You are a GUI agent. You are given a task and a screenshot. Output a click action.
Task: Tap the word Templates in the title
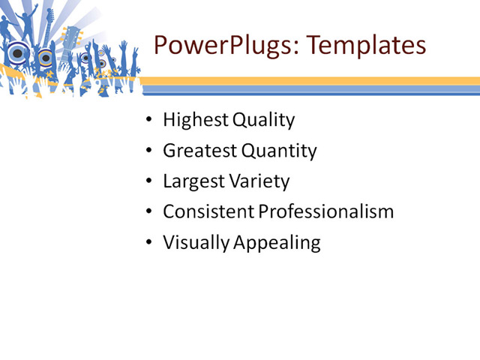tap(365, 45)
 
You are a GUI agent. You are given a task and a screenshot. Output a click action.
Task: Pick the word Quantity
tap(279, 151)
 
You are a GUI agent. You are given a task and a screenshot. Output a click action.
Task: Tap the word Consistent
tap(208, 211)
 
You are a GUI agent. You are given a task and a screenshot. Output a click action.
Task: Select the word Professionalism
tap(326, 211)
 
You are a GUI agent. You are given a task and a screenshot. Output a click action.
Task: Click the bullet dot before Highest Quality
tap(150, 121)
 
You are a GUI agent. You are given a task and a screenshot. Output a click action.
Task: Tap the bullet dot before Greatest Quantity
tap(150, 151)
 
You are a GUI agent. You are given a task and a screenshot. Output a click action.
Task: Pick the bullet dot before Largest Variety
tap(150, 181)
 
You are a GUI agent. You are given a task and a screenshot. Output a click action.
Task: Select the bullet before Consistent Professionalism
tap(150, 212)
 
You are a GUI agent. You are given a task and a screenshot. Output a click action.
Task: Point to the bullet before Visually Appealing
tap(150, 243)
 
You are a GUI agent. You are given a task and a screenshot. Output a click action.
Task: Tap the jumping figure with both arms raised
tap(28, 22)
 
